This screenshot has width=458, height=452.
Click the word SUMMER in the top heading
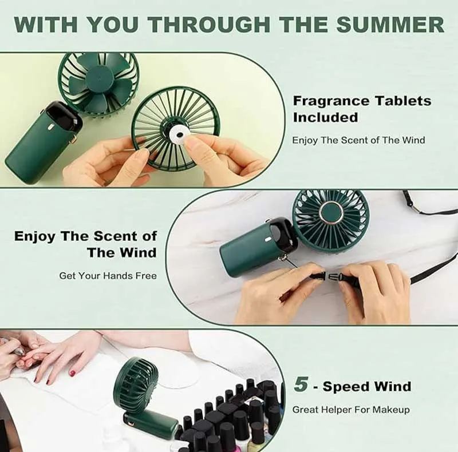390,24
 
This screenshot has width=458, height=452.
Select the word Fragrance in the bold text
331,101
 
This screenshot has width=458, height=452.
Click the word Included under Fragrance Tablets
325,117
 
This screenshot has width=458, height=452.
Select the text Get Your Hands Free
108,276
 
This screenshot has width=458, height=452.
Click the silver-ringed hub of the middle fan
331,212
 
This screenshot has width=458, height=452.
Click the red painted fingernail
73,372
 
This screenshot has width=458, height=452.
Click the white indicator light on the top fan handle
50,128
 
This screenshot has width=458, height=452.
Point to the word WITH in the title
45,24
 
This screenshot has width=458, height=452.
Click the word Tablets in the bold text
403,101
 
